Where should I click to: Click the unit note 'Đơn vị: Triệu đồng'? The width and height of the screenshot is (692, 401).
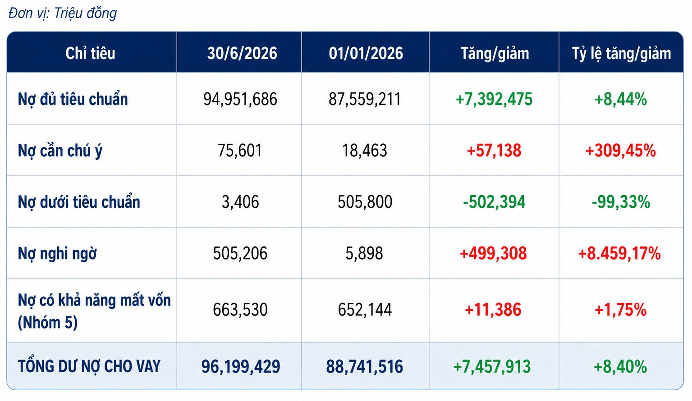(63, 14)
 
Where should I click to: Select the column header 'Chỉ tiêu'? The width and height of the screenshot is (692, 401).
(90, 53)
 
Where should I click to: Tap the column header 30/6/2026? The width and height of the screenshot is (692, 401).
(242, 53)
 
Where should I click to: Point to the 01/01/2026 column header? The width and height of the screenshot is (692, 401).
(366, 53)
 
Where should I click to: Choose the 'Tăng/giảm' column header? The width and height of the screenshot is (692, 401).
(495, 54)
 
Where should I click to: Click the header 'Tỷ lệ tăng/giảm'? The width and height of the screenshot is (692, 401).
(621, 54)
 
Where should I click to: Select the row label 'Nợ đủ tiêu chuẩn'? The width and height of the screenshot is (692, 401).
(73, 99)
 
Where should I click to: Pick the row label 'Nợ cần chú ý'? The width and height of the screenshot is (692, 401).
(60, 151)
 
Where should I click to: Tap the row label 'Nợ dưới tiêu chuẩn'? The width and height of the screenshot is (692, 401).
(79, 202)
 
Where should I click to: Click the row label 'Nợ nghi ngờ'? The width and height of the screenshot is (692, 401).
(57, 254)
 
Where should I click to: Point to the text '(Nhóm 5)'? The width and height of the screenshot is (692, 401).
(48, 322)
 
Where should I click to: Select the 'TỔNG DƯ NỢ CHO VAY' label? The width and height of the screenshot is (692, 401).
(89, 366)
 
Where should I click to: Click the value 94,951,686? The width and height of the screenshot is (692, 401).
(240, 100)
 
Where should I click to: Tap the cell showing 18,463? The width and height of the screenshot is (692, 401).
(365, 150)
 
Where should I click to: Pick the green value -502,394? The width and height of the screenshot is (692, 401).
(494, 202)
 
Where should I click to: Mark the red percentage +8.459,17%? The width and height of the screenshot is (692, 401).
(619, 254)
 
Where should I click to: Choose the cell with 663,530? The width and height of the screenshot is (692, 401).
(240, 310)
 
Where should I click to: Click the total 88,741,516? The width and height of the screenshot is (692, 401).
(365, 367)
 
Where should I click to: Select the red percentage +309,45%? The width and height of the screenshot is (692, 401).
(620, 150)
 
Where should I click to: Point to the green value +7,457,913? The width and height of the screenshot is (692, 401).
(492, 367)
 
